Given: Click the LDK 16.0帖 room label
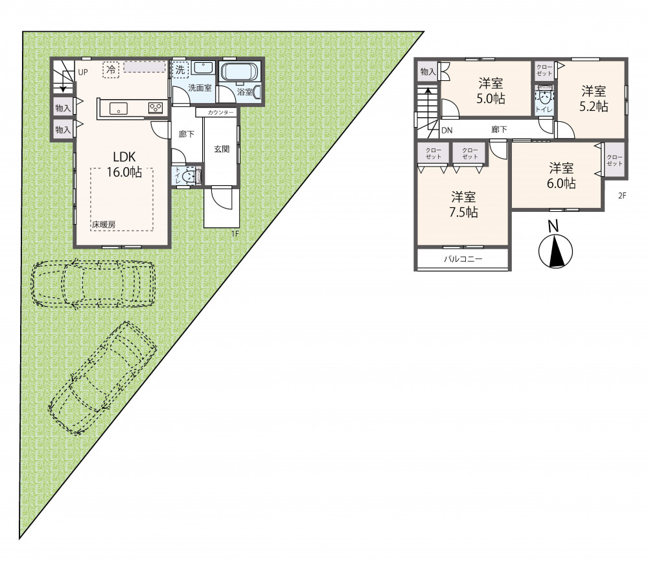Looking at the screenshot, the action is (124, 164).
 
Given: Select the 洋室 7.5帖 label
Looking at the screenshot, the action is (463, 205).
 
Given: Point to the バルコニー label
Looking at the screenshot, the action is (463, 259).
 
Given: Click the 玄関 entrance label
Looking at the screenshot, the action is (222, 149).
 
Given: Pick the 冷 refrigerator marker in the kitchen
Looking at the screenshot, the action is (111, 70).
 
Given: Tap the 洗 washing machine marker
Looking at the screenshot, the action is (180, 69).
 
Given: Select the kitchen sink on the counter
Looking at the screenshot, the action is (118, 109).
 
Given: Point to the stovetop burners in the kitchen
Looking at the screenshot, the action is (156, 108).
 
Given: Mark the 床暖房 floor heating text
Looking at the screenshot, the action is (104, 225).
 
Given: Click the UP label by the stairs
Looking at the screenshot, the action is (83, 73).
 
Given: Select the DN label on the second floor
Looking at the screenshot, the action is (446, 130).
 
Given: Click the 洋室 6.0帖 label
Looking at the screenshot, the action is (561, 176).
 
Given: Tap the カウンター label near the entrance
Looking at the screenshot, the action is (221, 112).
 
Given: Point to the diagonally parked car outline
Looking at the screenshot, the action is (102, 378).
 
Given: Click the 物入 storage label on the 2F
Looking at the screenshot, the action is (428, 71).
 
